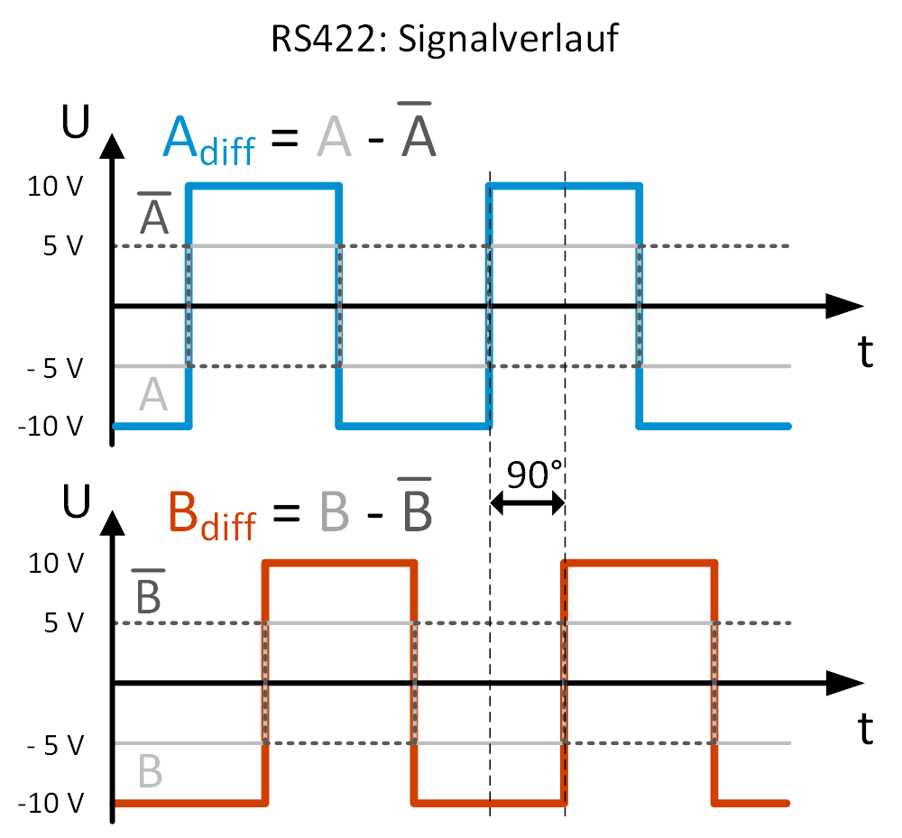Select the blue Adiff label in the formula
pyautogui.click(x=208, y=143)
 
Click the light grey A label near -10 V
pyautogui.click(x=153, y=395)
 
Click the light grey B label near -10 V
pyautogui.click(x=151, y=772)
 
